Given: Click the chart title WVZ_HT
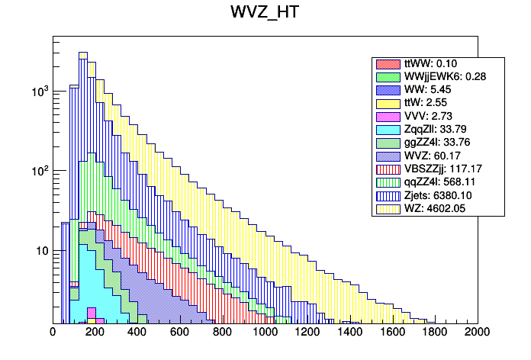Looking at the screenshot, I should point(265,14).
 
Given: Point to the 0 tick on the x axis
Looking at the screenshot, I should point(53,333).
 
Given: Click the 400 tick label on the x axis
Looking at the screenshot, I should point(137,333).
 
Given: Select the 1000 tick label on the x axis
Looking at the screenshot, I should point(265,333).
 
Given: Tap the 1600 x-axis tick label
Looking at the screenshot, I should point(393,333).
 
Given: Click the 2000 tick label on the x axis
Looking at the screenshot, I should point(478,333).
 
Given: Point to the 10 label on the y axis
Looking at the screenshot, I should point(39,251).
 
